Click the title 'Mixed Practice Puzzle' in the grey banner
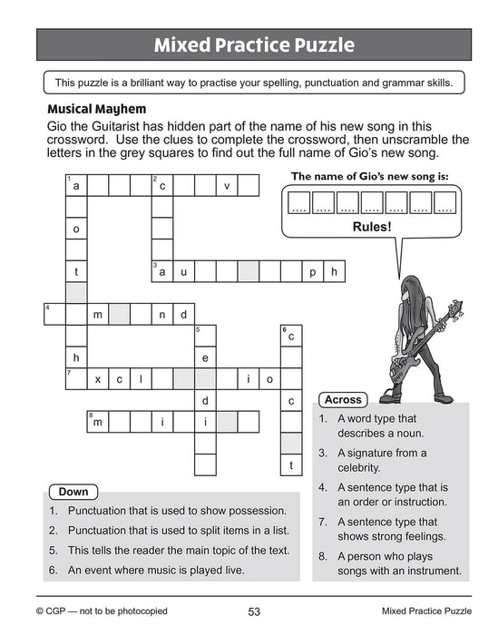pos(253,44)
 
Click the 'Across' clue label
pos(343,399)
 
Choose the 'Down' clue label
pos(73,492)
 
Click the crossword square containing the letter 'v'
pos(227,186)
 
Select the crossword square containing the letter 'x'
pos(97,378)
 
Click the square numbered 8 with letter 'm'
pos(97,421)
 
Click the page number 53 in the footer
pos(254,611)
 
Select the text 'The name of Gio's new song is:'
pos(369,176)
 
